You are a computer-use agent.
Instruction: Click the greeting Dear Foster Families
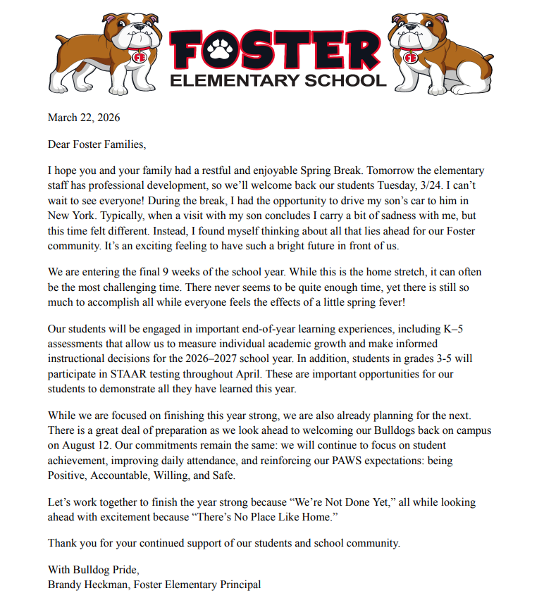[x=96, y=144]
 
